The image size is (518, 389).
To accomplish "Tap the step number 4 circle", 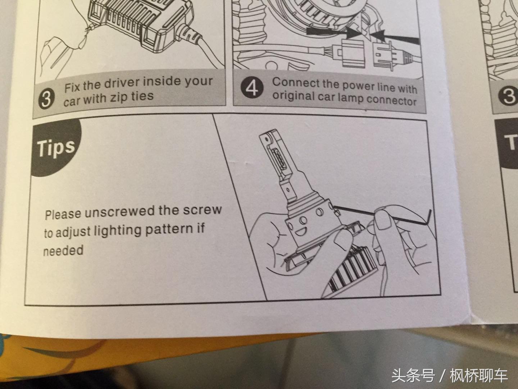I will (x=253, y=88).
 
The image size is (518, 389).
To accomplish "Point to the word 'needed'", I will (x=63, y=250).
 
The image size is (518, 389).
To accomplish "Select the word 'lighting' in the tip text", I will (x=119, y=231).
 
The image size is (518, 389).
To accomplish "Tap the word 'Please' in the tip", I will (x=63, y=214).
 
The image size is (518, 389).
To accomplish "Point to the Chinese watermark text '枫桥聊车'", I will (x=478, y=376).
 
